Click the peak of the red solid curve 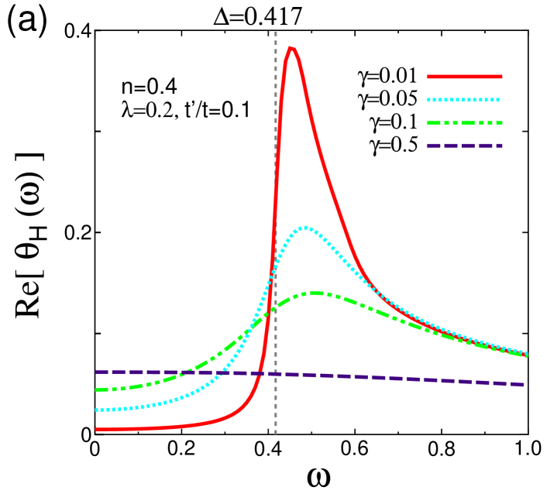(x=291, y=48)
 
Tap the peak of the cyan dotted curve (x=306, y=228)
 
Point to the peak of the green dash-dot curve (x=314, y=293)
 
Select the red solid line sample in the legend (x=464, y=77)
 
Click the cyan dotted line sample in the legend (x=464, y=100)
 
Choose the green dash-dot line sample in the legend (x=464, y=123)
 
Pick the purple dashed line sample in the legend (x=464, y=146)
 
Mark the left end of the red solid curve (x=96, y=429)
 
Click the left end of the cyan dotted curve (x=96, y=410)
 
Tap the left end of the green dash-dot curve (x=96, y=389)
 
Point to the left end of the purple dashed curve (x=96, y=372)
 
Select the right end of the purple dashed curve (x=526, y=384)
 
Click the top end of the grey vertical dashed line (x=276, y=33)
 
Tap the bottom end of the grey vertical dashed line (x=276, y=434)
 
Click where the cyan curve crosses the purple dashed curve (x=222, y=372)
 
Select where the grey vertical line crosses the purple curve (x=276, y=374)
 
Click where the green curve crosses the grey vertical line (x=276, y=307)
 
